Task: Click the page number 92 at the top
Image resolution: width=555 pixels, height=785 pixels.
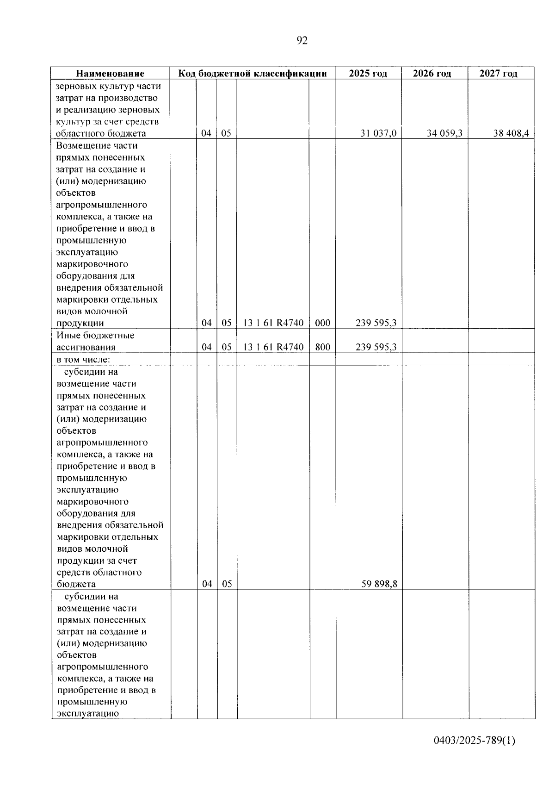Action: click(301, 41)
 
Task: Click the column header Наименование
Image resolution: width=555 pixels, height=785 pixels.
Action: click(110, 74)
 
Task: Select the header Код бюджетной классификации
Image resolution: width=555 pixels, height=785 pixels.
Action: click(253, 74)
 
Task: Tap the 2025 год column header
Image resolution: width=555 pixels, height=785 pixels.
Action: click(368, 74)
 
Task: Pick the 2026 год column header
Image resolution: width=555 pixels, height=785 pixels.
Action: click(432, 74)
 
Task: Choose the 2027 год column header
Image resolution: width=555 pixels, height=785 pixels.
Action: click(499, 74)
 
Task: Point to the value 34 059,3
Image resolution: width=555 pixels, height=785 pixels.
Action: click(444, 134)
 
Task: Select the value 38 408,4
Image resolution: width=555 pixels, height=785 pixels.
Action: click(511, 134)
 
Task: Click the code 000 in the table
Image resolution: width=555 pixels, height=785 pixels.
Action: click(322, 324)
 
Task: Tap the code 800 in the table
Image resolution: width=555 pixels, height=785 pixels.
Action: click(322, 347)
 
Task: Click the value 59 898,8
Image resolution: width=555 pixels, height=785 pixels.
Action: click(379, 584)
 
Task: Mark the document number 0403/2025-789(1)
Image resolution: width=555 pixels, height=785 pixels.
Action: click(474, 741)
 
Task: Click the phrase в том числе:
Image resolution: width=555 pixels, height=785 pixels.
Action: click(83, 360)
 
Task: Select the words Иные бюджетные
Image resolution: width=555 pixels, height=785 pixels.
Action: click(95, 336)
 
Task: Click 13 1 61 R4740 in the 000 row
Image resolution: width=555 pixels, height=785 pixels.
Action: click(273, 324)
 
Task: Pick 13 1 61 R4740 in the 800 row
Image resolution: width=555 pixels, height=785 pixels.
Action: click(273, 347)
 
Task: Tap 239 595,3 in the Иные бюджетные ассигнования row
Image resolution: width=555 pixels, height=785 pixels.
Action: click(376, 347)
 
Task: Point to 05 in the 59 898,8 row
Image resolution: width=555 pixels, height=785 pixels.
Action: click(227, 584)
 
